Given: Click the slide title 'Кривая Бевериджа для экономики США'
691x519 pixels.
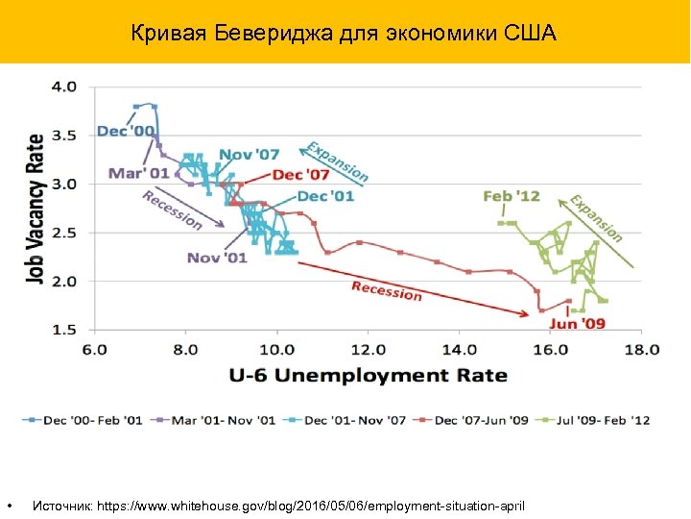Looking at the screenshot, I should point(345,36).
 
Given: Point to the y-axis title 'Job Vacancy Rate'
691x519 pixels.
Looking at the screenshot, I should point(36,209).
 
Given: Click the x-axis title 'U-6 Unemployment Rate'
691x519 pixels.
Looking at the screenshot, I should point(368,375).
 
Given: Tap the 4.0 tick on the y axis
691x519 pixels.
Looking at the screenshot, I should point(64,86).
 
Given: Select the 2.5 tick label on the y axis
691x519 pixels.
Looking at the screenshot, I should point(64,233).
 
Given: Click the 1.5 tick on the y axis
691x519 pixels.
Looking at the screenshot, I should point(64,330).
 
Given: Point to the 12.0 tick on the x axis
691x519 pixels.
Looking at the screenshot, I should point(368,349).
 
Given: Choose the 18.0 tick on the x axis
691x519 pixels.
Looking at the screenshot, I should point(641,349).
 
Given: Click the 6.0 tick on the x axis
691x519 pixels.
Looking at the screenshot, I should point(94,349).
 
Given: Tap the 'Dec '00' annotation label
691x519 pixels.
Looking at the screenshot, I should point(126,131).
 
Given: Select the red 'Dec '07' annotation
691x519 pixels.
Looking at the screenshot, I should point(300,174).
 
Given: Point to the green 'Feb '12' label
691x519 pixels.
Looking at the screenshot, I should point(512,196).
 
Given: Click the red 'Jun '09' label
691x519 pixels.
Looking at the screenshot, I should point(577,324).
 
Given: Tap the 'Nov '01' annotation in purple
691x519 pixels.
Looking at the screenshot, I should point(217,257).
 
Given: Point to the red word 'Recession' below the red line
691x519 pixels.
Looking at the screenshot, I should point(386,290).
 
